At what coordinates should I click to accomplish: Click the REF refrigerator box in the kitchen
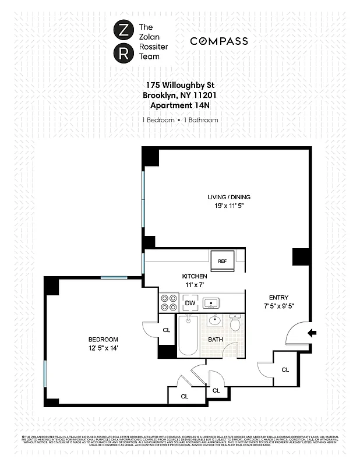[x=222, y=262]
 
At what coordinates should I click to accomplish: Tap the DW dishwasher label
[x=189, y=303]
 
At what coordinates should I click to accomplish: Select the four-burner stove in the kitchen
[x=169, y=303]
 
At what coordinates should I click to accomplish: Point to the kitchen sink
[x=211, y=303]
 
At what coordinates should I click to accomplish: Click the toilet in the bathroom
[x=235, y=323]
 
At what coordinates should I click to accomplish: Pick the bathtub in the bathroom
[x=189, y=336]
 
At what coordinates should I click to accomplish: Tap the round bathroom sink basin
[x=215, y=320]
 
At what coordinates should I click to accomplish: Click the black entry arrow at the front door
[x=312, y=333]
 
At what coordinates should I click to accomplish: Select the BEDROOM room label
[x=103, y=340]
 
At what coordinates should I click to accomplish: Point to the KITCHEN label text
[x=194, y=276]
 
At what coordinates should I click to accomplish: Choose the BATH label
[x=216, y=339]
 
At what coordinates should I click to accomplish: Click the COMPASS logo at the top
[x=219, y=41]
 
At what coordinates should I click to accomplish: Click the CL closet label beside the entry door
[x=285, y=369]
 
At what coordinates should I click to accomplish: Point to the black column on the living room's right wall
[x=301, y=257]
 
